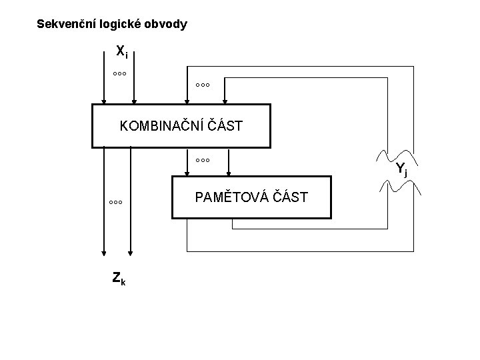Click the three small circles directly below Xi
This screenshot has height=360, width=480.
(x=119, y=73)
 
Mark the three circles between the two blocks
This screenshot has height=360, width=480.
(x=203, y=161)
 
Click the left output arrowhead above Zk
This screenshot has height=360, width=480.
(x=103, y=253)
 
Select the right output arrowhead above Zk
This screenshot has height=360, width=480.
(x=131, y=253)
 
